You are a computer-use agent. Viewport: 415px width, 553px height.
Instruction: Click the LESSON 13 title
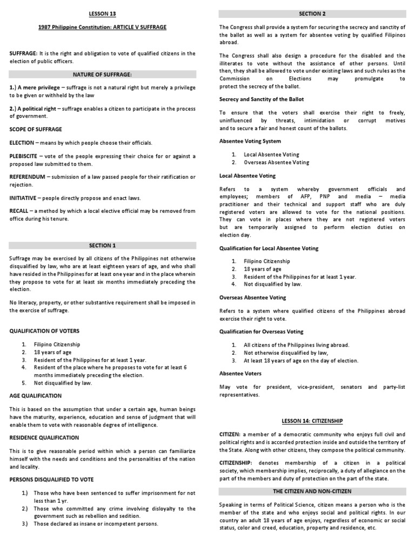tap(103, 14)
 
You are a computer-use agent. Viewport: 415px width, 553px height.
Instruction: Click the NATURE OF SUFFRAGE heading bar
tap(103, 74)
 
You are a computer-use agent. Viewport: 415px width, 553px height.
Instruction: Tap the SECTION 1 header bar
tap(103, 245)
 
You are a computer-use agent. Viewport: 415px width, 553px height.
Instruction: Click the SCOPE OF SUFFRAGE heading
tap(36, 130)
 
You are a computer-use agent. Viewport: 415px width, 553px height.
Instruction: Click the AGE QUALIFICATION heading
tap(36, 396)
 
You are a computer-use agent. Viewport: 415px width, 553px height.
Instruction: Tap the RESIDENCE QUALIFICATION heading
tap(44, 437)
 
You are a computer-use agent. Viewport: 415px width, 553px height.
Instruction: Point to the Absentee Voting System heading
tap(250, 141)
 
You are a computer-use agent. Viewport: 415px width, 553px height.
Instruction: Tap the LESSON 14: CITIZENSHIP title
tap(312, 420)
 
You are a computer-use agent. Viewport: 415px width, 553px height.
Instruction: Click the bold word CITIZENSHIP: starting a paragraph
tap(238, 463)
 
